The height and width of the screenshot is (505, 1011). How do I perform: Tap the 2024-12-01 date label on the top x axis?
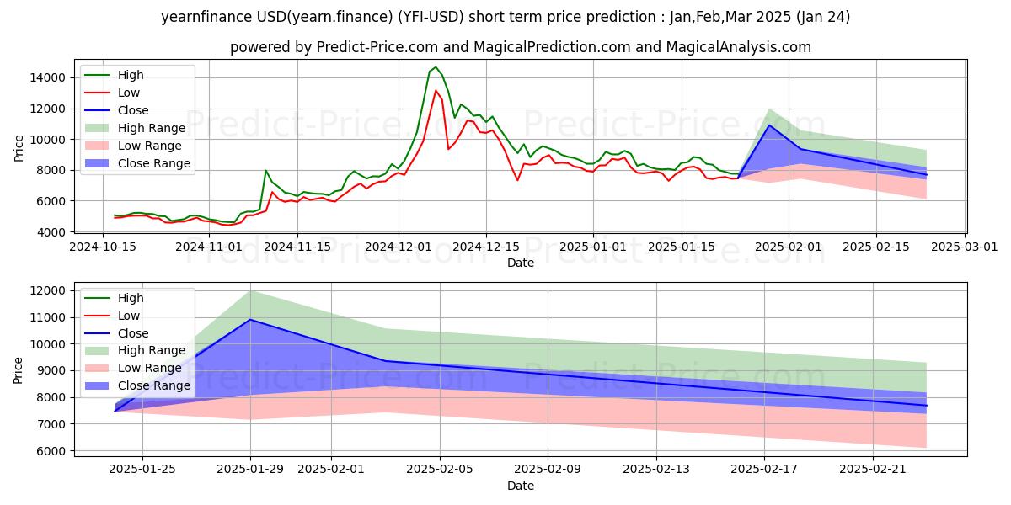[398, 247]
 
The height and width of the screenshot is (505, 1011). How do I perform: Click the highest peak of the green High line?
[435, 67]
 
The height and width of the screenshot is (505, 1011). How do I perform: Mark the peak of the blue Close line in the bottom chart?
[250, 320]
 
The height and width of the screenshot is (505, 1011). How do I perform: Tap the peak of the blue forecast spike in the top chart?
[768, 125]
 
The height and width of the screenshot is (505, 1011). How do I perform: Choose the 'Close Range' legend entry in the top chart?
[154, 163]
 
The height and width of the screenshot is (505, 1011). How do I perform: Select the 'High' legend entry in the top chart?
[131, 75]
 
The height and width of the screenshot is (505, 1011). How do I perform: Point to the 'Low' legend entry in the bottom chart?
[129, 316]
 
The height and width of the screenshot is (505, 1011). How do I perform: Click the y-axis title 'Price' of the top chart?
[19, 148]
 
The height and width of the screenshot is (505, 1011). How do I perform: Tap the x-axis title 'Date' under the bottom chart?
[520, 486]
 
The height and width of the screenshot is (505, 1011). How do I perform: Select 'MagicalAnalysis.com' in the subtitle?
[739, 47]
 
